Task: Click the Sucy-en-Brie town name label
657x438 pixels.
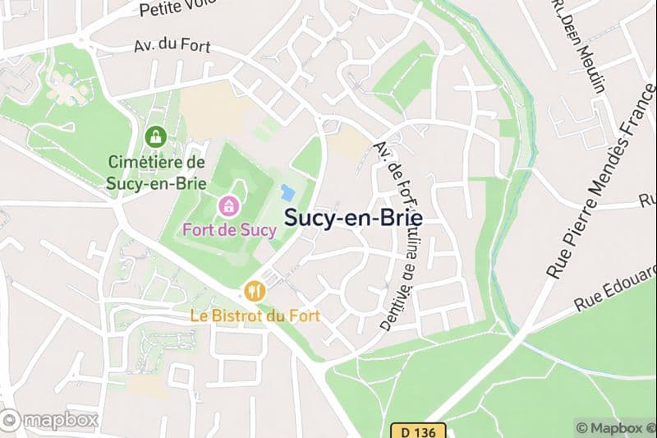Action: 353,218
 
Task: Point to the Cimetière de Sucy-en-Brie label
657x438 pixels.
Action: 156,173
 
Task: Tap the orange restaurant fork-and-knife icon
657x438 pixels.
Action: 255,289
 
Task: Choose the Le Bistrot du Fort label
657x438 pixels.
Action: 255,315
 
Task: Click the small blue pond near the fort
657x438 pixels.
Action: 287,194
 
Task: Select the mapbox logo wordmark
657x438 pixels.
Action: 49,421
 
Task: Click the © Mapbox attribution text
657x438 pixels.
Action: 614,427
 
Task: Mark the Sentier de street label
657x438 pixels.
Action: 395,296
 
